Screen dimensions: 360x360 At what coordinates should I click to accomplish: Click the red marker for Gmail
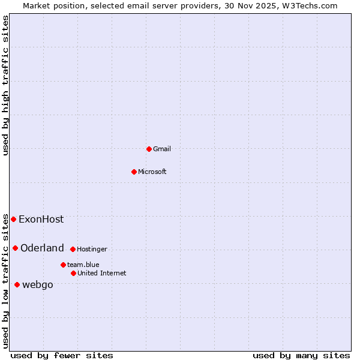point(149,149)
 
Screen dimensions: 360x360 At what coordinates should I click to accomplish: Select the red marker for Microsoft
point(134,172)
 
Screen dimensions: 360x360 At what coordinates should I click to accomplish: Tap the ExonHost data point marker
point(14,219)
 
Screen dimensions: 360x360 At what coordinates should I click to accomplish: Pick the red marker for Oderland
point(16,248)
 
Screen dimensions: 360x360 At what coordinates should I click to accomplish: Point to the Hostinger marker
point(73,249)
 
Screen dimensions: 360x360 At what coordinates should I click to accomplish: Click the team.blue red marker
point(63,265)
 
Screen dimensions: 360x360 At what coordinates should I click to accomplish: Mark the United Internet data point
point(74,273)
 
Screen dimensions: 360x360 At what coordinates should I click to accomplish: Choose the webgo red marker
point(17,284)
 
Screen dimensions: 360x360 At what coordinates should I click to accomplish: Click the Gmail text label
point(162,149)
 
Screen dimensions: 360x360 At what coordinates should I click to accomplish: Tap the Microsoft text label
point(152,172)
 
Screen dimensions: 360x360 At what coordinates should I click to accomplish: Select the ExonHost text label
point(41,219)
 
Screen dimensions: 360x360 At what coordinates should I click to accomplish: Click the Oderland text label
point(42,248)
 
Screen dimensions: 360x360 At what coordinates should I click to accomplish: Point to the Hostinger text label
point(92,249)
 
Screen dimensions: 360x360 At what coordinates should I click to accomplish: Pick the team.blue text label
point(83,265)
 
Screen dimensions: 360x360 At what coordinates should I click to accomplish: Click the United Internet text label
point(102,273)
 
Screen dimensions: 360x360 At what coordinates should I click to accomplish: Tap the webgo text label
point(38,284)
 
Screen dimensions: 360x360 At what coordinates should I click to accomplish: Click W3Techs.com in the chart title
point(309,5)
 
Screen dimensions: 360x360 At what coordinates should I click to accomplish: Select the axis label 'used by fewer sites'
point(62,355)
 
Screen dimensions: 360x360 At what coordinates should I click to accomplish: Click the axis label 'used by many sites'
point(301,355)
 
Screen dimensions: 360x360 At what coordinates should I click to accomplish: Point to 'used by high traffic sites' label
point(5,85)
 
